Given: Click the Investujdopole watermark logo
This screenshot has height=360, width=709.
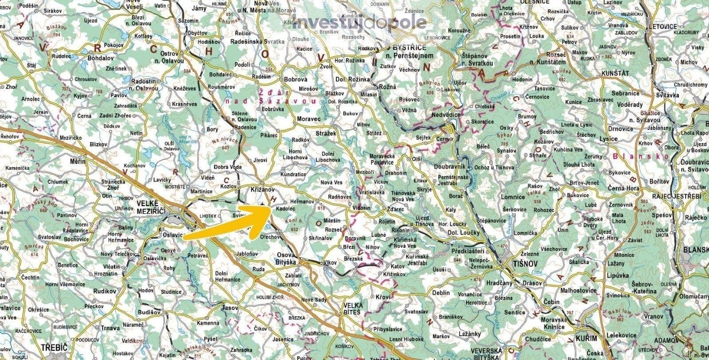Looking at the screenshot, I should pos(359,22).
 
